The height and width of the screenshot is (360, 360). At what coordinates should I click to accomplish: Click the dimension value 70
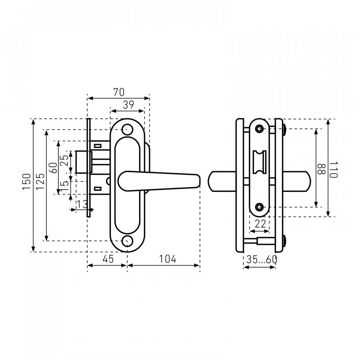tap(119, 92)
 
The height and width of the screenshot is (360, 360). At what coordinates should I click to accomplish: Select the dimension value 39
tap(128, 105)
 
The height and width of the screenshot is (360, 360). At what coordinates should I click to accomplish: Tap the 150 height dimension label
tap(27, 182)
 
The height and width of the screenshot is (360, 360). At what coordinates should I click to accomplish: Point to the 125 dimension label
tap(40, 181)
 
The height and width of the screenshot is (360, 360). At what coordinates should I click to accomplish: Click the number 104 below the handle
tap(168, 259)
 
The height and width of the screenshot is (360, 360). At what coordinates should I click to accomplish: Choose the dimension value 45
tap(108, 259)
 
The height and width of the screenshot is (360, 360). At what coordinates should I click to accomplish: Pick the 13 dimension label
tap(82, 204)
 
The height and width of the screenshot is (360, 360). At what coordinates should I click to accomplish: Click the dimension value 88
tap(321, 169)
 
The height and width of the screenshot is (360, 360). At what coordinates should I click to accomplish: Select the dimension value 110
tap(333, 170)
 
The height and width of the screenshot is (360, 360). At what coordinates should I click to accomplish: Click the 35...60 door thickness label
tap(262, 260)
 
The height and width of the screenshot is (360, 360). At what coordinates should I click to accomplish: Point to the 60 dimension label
tap(53, 168)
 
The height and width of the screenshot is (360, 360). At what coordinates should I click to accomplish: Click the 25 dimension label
tap(65, 160)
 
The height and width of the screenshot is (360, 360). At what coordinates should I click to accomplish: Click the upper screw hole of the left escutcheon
tap(127, 130)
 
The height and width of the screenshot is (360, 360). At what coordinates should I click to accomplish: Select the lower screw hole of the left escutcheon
tap(127, 241)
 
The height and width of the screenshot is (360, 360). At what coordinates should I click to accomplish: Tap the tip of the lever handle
tap(199, 180)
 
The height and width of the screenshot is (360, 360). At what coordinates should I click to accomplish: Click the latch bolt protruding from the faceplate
tap(82, 162)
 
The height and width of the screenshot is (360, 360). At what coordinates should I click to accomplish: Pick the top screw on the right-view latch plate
tap(260, 128)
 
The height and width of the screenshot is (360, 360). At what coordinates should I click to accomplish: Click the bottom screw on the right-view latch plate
tap(260, 207)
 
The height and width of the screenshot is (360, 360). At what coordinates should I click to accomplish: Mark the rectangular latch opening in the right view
tap(260, 162)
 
